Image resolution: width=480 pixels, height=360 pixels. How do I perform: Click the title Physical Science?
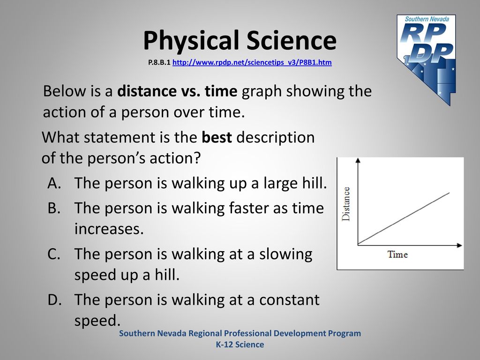pos(240,41)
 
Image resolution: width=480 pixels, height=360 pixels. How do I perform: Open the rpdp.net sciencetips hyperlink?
pos(252,62)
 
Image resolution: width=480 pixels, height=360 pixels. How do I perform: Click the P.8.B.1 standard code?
pos(159,62)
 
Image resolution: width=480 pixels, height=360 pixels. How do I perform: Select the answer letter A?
pos(54,183)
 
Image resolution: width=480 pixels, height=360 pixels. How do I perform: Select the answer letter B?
pos(54,208)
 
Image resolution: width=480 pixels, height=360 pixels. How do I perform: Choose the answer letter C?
pos(54,254)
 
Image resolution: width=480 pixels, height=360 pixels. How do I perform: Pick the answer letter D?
pos(54,300)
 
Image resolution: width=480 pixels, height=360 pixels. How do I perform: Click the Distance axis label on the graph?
pos(345,204)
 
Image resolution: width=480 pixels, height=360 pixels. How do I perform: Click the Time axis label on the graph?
pos(397,255)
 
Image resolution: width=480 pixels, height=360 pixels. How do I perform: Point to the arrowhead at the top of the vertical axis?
pos(358,160)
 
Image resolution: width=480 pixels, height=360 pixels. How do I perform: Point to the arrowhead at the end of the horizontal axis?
pos(459,245)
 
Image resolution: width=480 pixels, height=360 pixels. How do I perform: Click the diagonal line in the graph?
pos(404,218)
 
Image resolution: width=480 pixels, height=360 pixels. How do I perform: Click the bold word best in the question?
pos(217,137)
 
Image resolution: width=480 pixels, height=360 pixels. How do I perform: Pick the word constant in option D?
pos(289,300)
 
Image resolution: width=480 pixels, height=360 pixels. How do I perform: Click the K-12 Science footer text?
pos(240,345)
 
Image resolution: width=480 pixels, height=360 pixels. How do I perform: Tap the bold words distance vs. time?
pos(177,91)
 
